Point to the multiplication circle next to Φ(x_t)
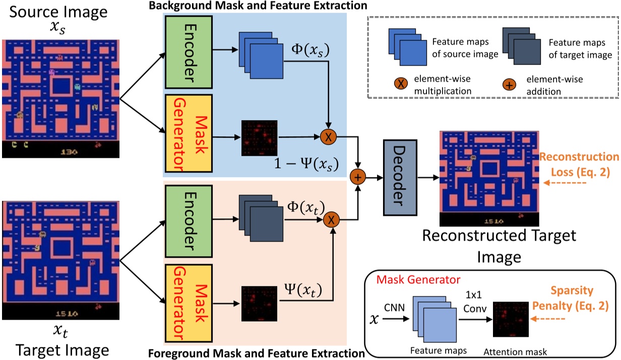tap(332, 219)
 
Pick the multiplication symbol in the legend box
tap(401, 83)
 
